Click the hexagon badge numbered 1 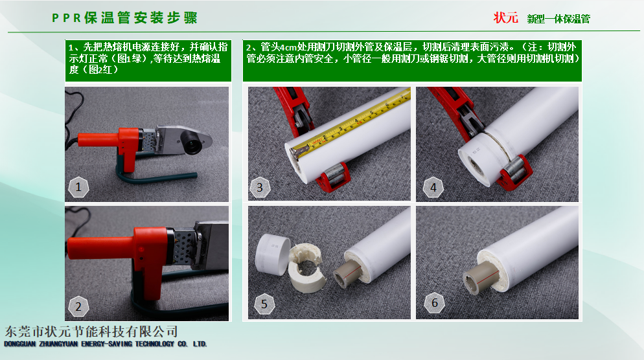[x=78, y=187]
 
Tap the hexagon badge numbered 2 [x=78, y=306]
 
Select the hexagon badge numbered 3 [x=260, y=188]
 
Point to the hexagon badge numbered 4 [x=433, y=188]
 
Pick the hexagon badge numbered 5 [x=264, y=304]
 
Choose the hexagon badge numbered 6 [x=435, y=303]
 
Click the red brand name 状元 [x=505, y=18]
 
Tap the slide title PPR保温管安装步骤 [x=124, y=17]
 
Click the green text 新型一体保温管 [x=558, y=19]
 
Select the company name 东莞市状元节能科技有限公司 [x=91, y=332]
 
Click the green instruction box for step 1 [x=148, y=60]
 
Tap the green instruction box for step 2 [x=412, y=60]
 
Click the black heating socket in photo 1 [x=192, y=142]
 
